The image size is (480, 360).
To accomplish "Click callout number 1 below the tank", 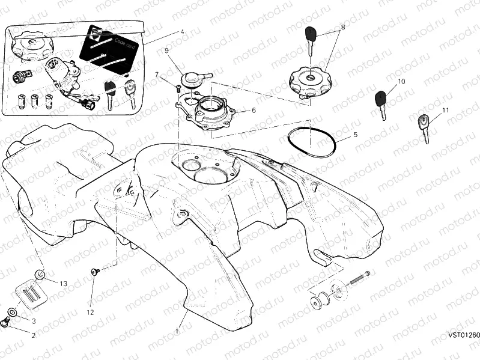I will click(x=177, y=331).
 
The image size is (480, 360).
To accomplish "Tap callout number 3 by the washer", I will click(x=34, y=322).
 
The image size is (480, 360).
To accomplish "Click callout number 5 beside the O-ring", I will click(x=355, y=135).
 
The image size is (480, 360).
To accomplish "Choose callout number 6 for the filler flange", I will click(x=254, y=111).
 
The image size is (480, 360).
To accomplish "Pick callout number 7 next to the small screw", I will click(x=157, y=75).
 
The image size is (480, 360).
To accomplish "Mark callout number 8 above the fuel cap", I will click(x=342, y=28).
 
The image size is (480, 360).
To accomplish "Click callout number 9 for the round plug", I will click(x=166, y=50).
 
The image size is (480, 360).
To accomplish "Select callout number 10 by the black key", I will click(x=401, y=81).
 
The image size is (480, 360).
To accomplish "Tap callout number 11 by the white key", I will click(x=445, y=111).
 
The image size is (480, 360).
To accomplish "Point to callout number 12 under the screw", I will click(x=90, y=312).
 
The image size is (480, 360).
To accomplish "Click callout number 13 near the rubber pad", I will click(x=63, y=283).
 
